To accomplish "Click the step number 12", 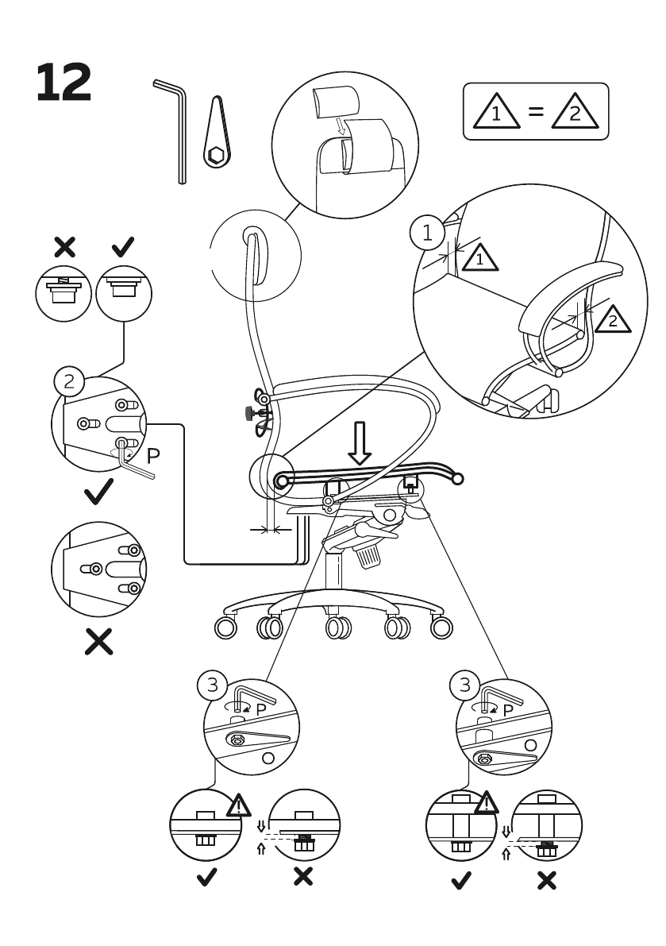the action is [64, 83].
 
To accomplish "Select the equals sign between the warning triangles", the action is [537, 112].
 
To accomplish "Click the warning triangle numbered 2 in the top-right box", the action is [576, 113].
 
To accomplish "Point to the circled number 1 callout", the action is [429, 234].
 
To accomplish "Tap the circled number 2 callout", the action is [70, 381].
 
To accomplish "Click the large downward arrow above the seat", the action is [360, 442].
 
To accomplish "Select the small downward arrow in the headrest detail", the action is [341, 125].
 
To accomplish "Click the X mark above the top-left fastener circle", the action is [64, 247].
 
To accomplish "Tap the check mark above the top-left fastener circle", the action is [123, 247].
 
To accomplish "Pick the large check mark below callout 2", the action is [98, 495].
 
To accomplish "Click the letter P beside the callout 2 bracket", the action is [154, 455].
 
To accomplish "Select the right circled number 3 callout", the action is [464, 684].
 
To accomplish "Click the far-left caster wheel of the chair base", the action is [225, 627].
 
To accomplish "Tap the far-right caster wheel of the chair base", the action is [442, 627].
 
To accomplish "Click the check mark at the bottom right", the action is [460, 879].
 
